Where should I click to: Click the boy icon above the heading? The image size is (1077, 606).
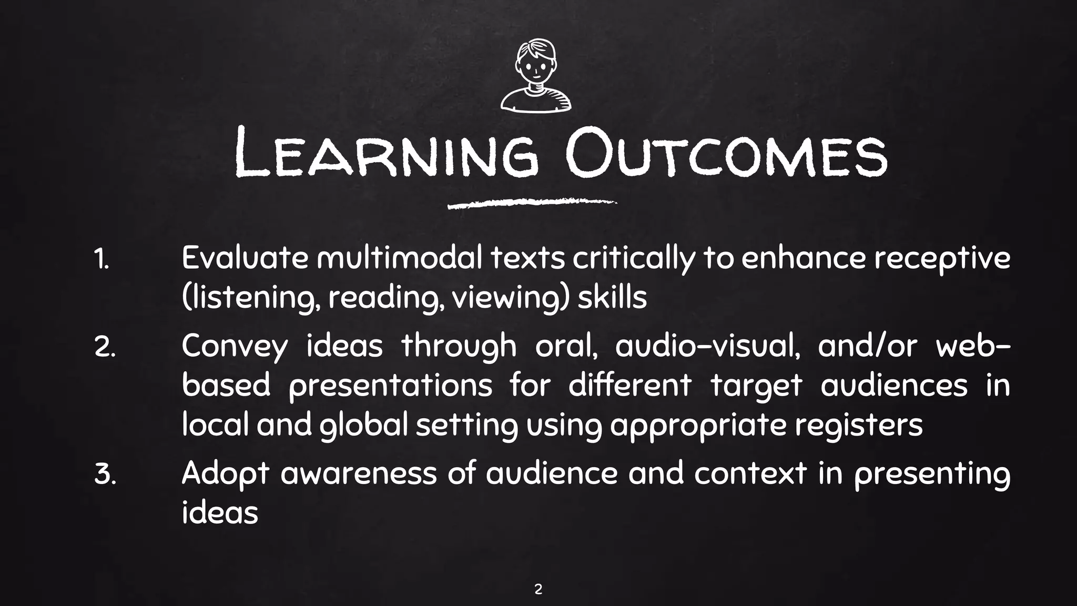[x=535, y=76]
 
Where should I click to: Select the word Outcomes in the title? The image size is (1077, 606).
[x=726, y=153]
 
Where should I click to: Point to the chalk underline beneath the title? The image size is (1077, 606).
[x=531, y=204]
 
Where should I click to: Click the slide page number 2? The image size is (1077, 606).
[x=538, y=589]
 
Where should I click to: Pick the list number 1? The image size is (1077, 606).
[x=101, y=260]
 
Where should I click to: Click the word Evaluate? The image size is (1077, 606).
[x=245, y=259]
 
